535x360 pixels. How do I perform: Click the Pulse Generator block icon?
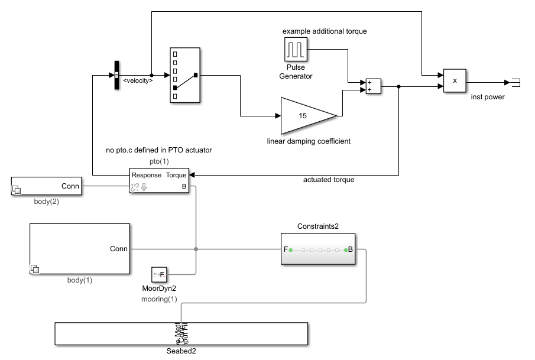click(296, 49)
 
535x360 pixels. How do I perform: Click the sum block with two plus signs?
click(373, 86)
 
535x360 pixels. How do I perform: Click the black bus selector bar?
click(116, 76)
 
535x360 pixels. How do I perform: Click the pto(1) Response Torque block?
click(159, 181)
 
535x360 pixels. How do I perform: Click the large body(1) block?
click(79, 249)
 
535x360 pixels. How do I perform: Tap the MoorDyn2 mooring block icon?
click(160, 274)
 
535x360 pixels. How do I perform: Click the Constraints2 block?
click(318, 249)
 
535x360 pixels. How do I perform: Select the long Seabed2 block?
click(181, 333)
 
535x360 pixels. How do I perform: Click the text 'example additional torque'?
click(325, 31)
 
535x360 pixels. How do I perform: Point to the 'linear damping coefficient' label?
click(308, 141)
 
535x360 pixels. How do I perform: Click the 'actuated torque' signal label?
click(329, 180)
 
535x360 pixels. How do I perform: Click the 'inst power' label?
click(488, 97)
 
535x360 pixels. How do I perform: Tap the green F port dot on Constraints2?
click(290, 250)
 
